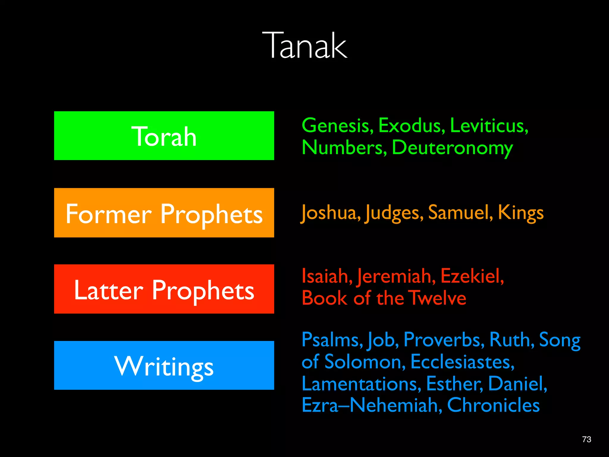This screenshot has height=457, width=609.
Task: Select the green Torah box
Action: click(164, 136)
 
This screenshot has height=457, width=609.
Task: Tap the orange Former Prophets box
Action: click(164, 213)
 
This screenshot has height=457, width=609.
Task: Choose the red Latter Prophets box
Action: click(164, 289)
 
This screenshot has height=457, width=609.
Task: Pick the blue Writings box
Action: click(164, 365)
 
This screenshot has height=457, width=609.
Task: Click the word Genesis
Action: click(337, 126)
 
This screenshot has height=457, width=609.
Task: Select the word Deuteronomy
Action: click(452, 148)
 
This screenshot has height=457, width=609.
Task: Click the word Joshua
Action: click(330, 213)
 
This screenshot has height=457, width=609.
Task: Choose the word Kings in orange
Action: click(520, 213)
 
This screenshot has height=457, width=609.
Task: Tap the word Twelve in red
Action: click(437, 298)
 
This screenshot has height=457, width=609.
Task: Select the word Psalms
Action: click(332, 340)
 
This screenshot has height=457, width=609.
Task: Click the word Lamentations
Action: click(361, 384)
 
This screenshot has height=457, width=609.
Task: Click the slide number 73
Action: click(586, 439)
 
